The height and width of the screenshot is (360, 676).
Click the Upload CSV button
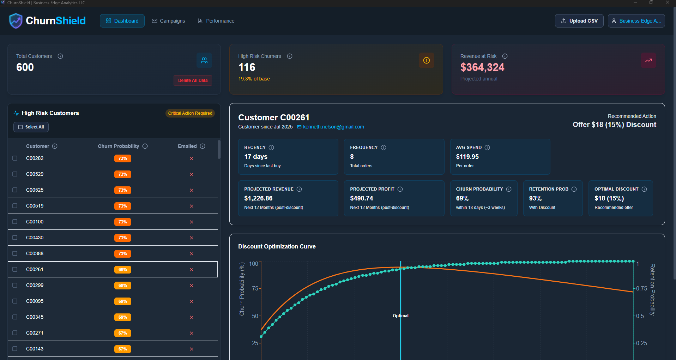(x=579, y=21)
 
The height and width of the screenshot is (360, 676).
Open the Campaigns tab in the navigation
(x=168, y=21)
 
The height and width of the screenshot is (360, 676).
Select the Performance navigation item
(x=216, y=21)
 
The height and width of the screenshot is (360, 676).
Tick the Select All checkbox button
(x=31, y=127)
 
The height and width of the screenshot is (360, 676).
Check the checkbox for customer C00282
(x=15, y=158)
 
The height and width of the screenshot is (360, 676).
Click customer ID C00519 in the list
(x=35, y=206)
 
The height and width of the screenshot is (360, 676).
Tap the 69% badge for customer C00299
(x=122, y=285)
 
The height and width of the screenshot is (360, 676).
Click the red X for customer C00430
(x=192, y=238)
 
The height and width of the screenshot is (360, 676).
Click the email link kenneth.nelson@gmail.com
(x=333, y=127)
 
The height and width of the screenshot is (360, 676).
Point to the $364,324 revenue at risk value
(x=482, y=67)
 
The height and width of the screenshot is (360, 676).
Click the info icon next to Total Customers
(x=60, y=56)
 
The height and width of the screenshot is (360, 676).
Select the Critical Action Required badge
(x=190, y=113)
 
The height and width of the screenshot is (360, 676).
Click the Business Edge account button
(x=636, y=21)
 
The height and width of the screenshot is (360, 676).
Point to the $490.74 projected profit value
(x=361, y=198)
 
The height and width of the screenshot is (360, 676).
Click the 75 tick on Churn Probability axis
(x=255, y=288)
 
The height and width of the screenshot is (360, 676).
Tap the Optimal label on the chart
(x=400, y=316)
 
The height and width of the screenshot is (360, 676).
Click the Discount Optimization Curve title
(x=277, y=246)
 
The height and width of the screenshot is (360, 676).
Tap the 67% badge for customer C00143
(x=122, y=349)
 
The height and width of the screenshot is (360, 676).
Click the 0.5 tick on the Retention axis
(x=640, y=316)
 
